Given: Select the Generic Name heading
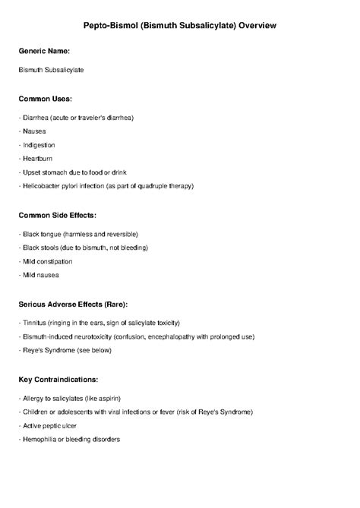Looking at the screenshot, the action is pos(44,51).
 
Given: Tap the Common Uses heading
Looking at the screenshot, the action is pos(46,99).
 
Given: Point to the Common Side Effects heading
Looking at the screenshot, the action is pos(58,216).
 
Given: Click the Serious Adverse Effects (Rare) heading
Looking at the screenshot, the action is pos(77,304).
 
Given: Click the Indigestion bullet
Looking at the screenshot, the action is pos(39,144).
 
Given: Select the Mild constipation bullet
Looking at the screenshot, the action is pos(46,261).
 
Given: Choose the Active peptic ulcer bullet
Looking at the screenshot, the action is pos(50,425).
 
